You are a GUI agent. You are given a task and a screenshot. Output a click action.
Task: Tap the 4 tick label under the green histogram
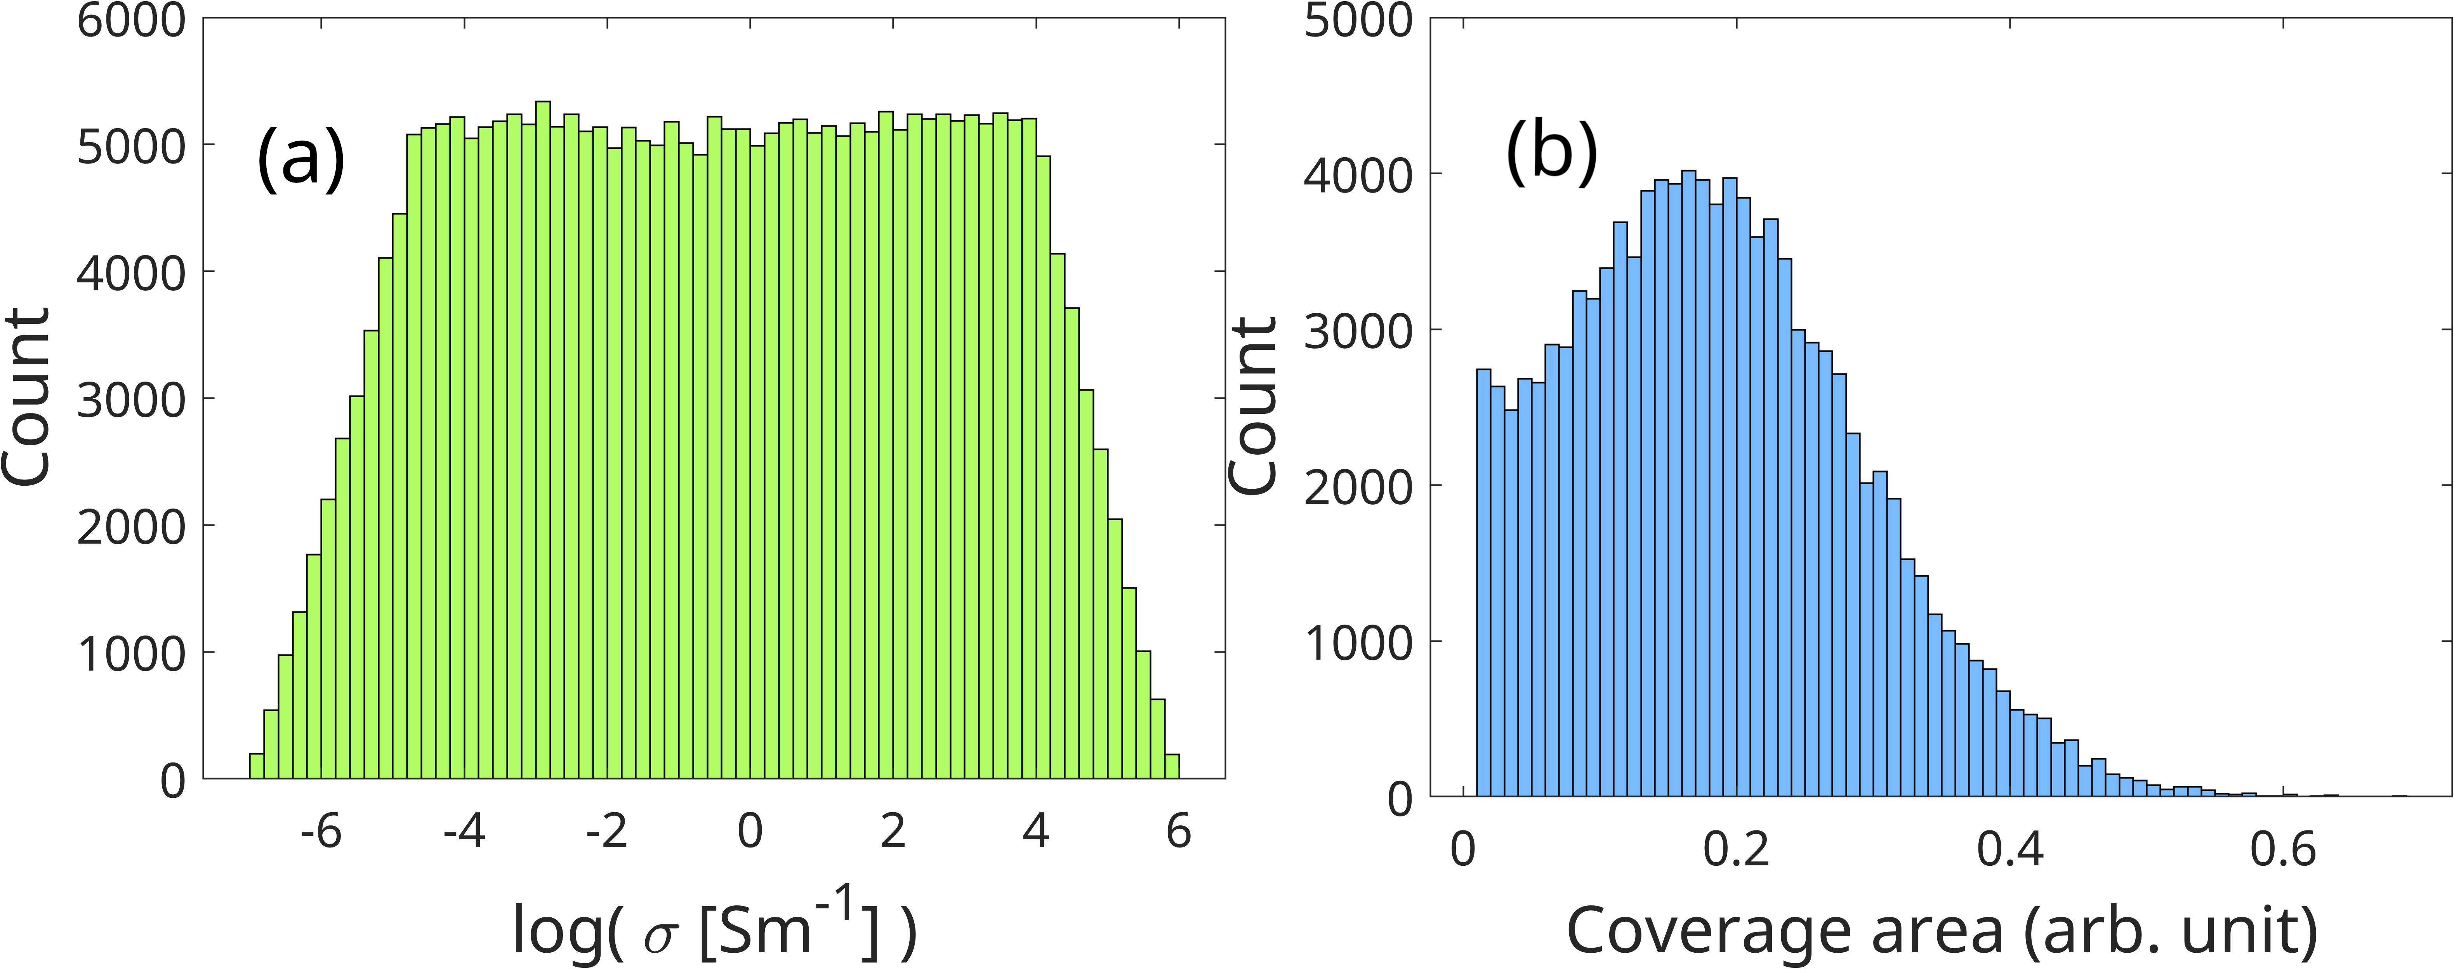click(x=1035, y=832)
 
